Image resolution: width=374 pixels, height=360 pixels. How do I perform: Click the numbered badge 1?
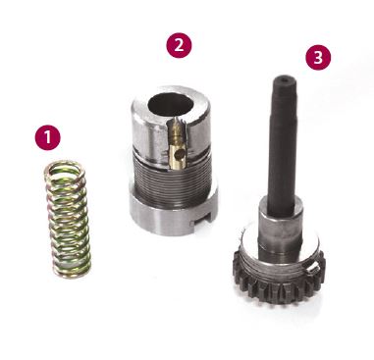[x=48, y=137]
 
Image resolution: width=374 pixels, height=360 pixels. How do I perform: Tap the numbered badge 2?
[x=179, y=45]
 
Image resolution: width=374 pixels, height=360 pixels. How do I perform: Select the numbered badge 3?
[x=318, y=57]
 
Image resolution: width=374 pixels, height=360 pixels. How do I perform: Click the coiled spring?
[x=68, y=220]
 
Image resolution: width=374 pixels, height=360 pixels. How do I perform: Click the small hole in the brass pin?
[x=178, y=153]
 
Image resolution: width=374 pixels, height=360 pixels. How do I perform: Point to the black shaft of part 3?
[x=282, y=144]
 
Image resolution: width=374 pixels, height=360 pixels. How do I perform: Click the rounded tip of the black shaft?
[x=283, y=79]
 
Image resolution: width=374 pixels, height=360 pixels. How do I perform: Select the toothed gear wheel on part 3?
[x=279, y=278]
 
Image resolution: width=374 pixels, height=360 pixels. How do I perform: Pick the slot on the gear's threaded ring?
[x=312, y=267]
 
